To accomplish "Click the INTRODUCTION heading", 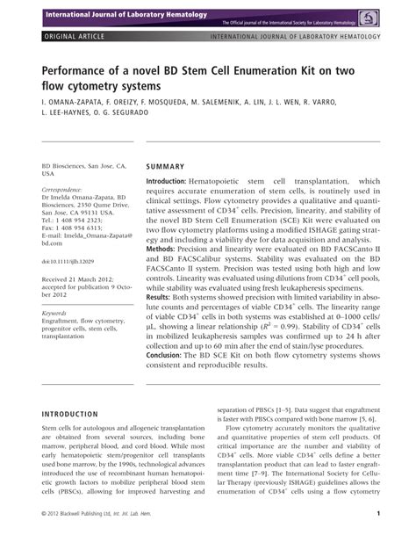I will pos(73,413).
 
